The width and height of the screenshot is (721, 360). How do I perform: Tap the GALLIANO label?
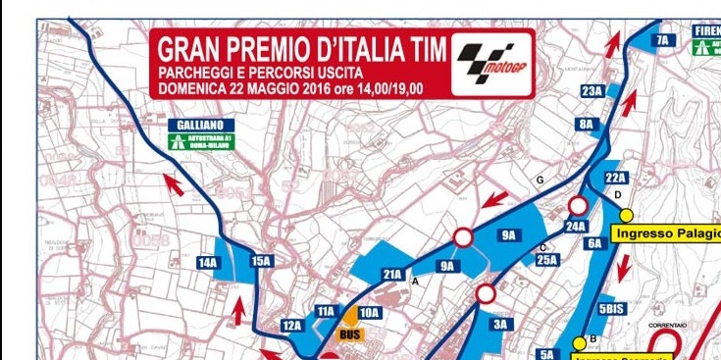click(x=201, y=126)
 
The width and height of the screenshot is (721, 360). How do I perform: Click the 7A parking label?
click(x=662, y=40)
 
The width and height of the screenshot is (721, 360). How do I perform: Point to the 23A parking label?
click(x=592, y=91)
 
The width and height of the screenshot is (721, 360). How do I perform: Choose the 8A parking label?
click(x=587, y=125)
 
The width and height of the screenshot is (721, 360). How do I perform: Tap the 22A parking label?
click(x=615, y=178)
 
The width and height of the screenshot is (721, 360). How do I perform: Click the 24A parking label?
click(x=576, y=227)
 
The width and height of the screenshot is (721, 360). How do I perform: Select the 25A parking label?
click(x=546, y=260)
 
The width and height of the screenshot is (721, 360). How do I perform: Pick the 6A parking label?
click(x=594, y=243)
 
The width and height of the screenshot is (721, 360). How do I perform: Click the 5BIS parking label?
click(x=610, y=307)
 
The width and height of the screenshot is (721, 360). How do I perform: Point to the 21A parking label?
click(x=392, y=274)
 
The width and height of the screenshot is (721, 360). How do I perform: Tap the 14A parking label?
click(x=207, y=262)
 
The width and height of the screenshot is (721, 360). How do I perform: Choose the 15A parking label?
click(x=260, y=261)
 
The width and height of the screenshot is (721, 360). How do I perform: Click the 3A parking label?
click(x=501, y=324)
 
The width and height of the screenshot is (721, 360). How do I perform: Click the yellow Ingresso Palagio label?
click(x=666, y=233)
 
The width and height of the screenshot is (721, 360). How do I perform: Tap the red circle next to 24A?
click(x=579, y=206)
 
